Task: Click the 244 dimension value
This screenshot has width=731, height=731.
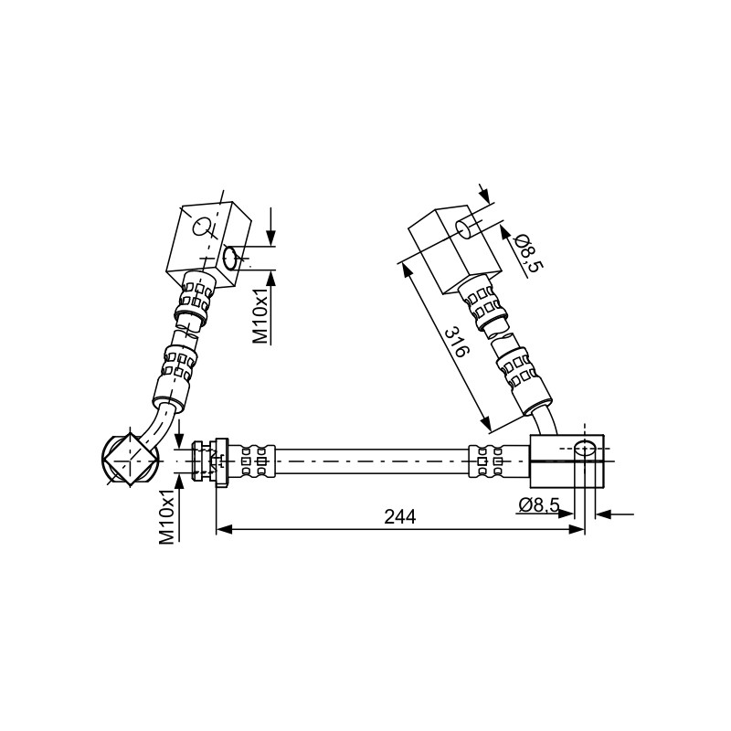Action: click(x=399, y=516)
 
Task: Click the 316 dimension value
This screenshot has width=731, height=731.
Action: click(x=455, y=342)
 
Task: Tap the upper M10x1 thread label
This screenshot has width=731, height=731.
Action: click(x=261, y=315)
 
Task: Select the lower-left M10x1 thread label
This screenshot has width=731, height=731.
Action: click(x=167, y=517)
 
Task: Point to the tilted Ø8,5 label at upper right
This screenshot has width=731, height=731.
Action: click(x=529, y=253)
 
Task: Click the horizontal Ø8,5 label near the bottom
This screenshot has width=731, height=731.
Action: click(x=538, y=504)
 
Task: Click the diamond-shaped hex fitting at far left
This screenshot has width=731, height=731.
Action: click(x=130, y=460)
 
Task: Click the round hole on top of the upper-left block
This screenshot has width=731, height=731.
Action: click(x=202, y=227)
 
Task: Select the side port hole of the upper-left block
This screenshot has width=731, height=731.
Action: click(x=231, y=259)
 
